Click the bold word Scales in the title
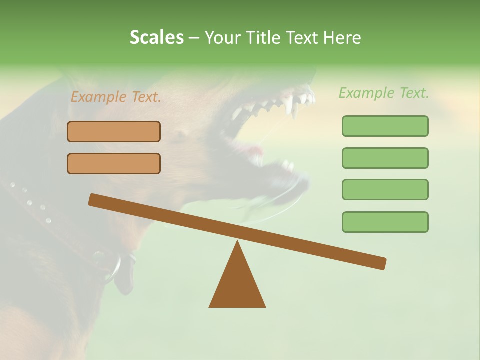[x=157, y=38]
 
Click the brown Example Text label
[x=116, y=97]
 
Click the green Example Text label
[x=384, y=93]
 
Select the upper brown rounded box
[x=114, y=131]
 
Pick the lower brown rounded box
[x=114, y=163]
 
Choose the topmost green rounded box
[x=385, y=126]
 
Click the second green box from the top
[x=385, y=158]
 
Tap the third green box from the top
[x=385, y=189]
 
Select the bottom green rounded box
[x=385, y=222]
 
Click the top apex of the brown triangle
[x=237, y=242]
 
